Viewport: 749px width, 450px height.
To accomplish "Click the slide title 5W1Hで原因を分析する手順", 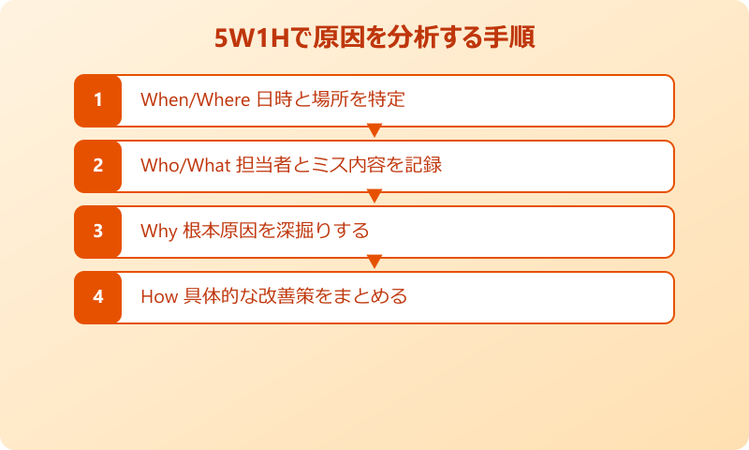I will pos(374,40).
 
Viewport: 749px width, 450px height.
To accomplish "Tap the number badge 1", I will pos(97,100).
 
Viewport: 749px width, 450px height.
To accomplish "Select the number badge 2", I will pos(97,166).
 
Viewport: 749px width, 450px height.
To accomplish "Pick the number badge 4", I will pos(97,297).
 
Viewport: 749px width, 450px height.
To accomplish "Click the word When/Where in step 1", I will pos(195,100).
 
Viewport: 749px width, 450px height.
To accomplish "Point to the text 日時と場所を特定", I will pos(330,100).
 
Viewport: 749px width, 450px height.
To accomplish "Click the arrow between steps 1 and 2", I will pos(374,130).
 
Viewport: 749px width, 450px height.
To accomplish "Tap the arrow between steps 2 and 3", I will pos(374,196).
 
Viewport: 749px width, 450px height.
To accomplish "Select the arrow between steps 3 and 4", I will pos(374,262).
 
